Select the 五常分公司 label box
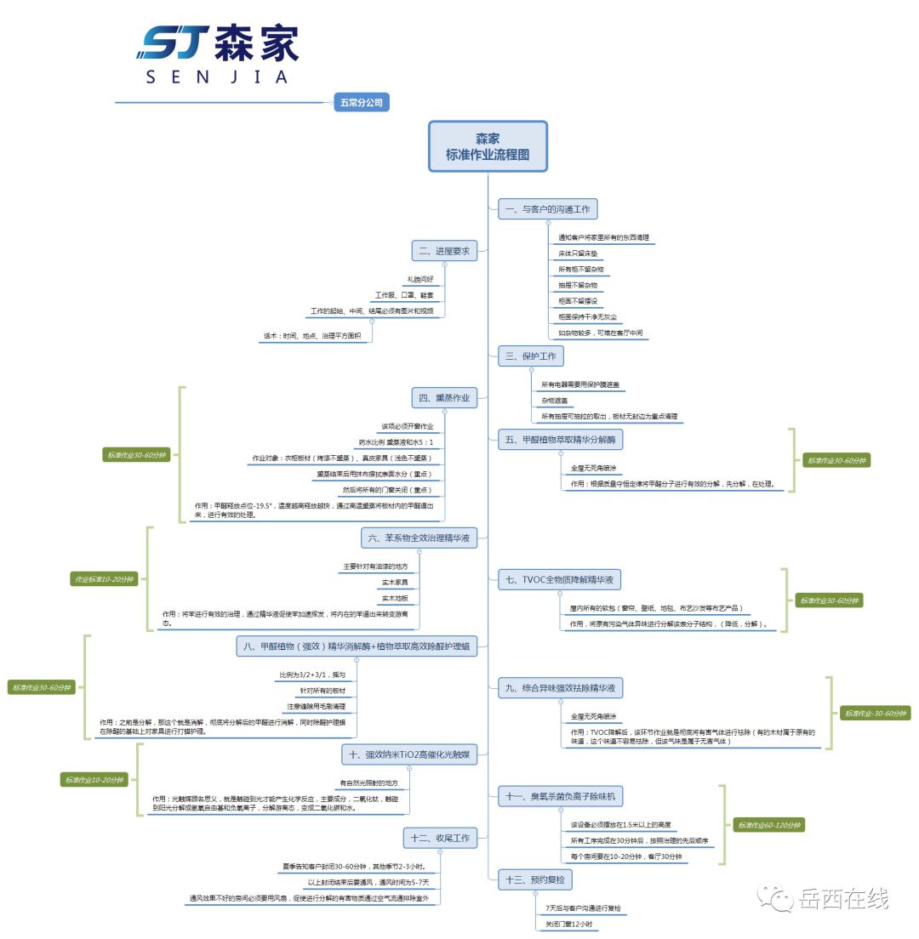[x=362, y=103]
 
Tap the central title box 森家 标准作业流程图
[x=488, y=146]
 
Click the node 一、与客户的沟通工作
[x=548, y=208]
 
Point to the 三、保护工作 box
[x=531, y=356]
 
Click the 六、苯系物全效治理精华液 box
[x=420, y=538]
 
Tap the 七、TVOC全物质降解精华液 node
[x=559, y=580]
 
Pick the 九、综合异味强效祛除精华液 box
[x=559, y=687]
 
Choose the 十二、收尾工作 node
[x=440, y=838]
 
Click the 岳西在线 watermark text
[x=843, y=898]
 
